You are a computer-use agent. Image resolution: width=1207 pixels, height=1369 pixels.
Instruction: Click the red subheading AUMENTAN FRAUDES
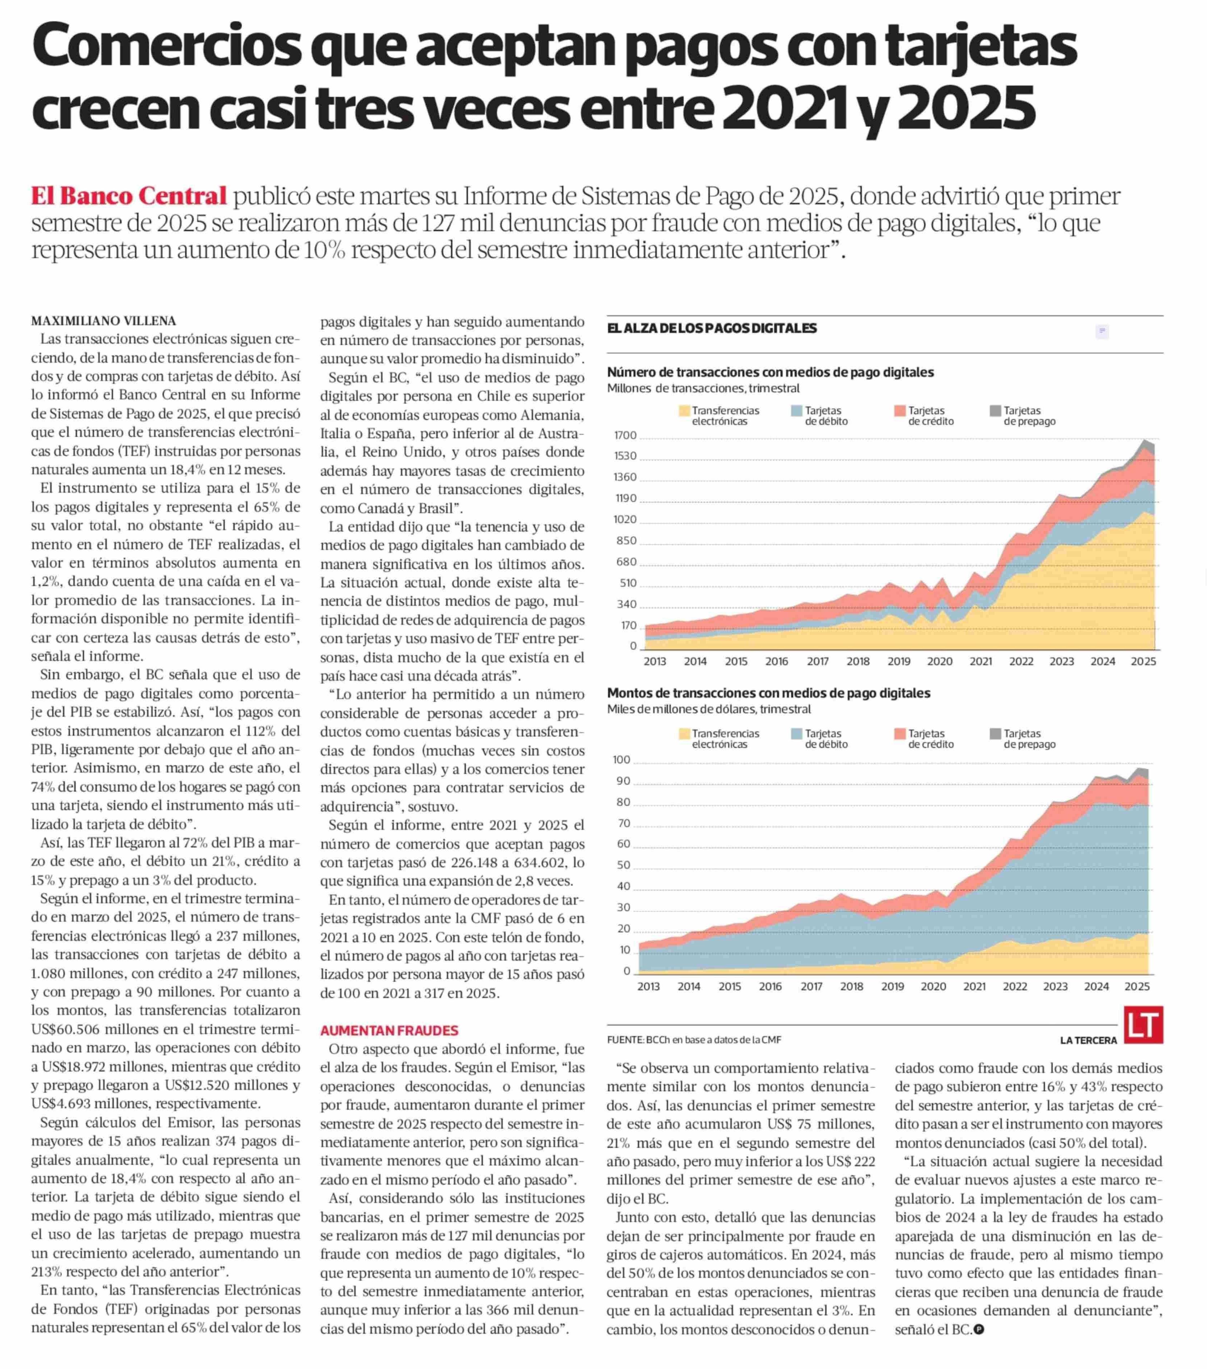pyautogui.click(x=389, y=1030)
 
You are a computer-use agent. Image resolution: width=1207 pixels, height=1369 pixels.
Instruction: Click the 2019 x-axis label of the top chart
pyautogui.click(x=899, y=661)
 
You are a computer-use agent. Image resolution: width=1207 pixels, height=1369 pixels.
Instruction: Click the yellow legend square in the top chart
pyautogui.click(x=684, y=411)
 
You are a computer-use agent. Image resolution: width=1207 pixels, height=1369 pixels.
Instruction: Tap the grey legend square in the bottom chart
pyautogui.click(x=995, y=733)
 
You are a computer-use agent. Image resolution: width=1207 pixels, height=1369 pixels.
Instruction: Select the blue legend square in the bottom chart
pyautogui.click(x=796, y=733)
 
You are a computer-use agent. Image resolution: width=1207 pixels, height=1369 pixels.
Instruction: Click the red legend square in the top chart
pyautogui.click(x=900, y=411)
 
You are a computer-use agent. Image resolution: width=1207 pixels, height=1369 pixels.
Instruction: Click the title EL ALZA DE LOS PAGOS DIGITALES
pyautogui.click(x=711, y=328)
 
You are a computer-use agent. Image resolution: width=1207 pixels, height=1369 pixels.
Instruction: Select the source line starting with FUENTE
pyautogui.click(x=694, y=1040)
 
